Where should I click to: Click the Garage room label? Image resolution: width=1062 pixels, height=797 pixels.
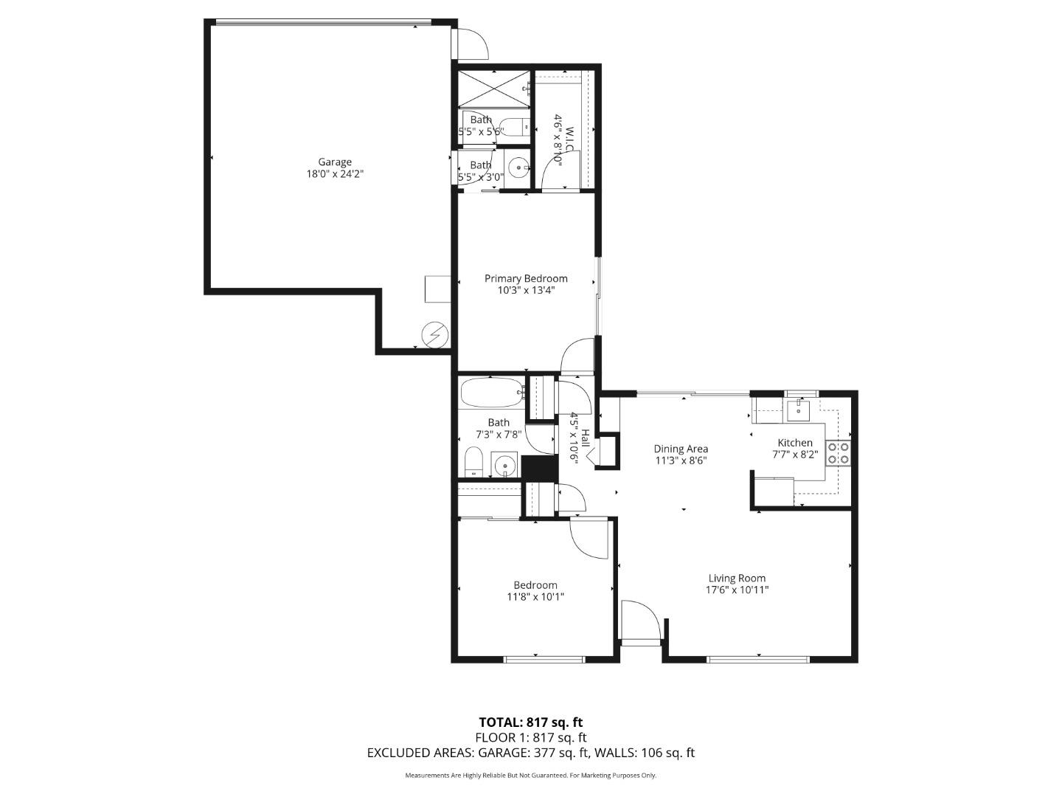tap(335, 162)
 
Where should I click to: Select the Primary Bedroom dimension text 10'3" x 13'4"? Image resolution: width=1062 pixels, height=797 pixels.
tap(526, 291)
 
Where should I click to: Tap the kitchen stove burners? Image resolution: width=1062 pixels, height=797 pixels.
tap(838, 452)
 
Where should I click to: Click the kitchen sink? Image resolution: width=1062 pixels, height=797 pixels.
tap(797, 409)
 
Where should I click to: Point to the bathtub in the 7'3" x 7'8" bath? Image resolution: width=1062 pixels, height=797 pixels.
tap(491, 393)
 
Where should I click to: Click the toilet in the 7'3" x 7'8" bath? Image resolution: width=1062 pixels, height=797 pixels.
tap(473, 462)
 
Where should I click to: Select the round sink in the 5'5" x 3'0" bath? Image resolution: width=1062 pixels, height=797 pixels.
tap(520, 168)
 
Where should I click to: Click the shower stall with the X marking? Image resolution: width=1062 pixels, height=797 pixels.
tap(491, 89)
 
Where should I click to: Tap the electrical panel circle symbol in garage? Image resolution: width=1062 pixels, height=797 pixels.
tap(435, 335)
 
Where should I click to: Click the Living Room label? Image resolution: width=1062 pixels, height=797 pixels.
tap(737, 578)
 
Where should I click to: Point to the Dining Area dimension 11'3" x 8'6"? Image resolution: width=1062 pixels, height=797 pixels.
tap(681, 460)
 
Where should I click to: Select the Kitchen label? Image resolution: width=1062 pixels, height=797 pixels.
tap(794, 442)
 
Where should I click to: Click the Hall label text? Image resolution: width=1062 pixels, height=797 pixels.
tap(585, 438)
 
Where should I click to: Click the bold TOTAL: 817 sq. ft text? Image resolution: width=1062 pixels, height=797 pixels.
tap(530, 722)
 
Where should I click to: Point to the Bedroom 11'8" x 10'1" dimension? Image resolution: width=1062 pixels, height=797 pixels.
tap(535, 597)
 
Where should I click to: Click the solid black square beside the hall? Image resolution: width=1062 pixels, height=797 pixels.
tap(539, 467)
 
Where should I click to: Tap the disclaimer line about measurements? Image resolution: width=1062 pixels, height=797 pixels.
tap(530, 775)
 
